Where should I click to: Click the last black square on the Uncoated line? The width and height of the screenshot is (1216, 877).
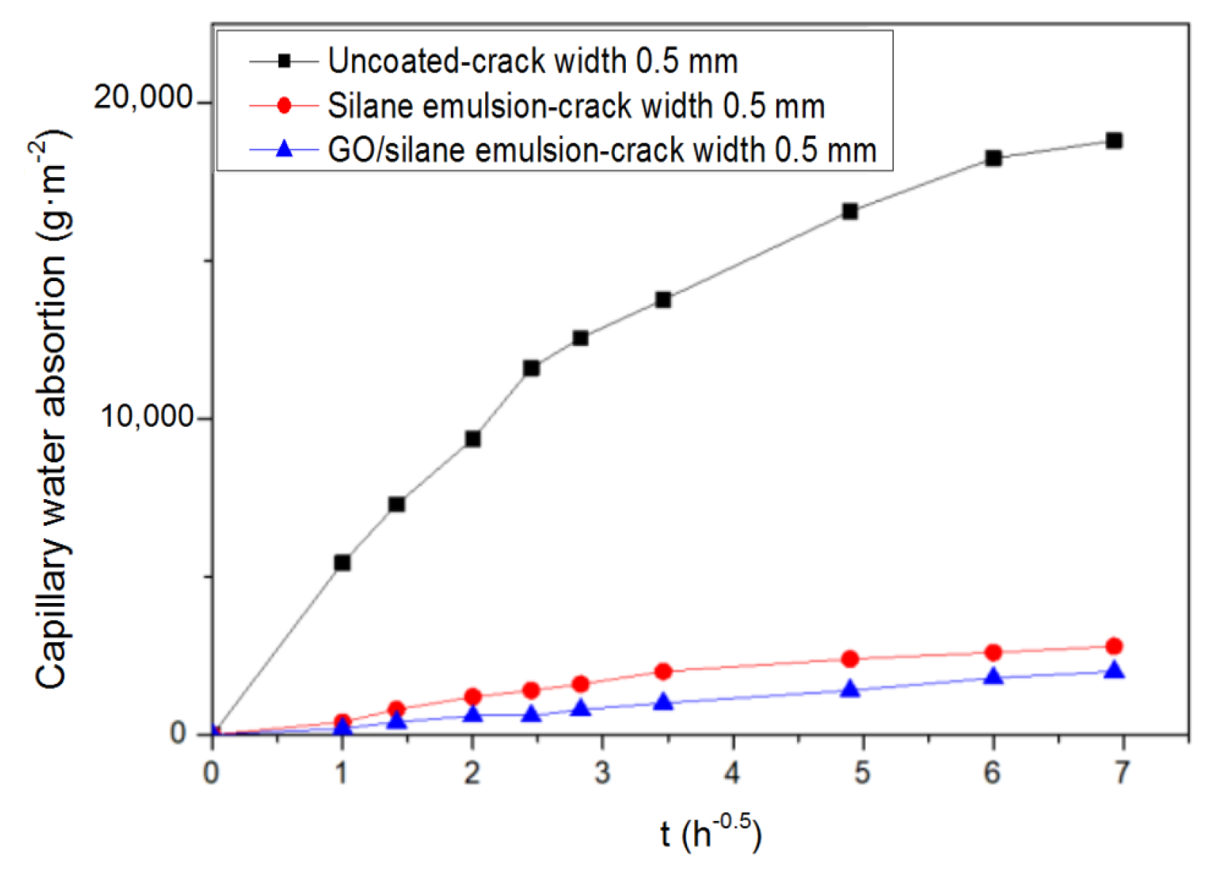coord(1113,141)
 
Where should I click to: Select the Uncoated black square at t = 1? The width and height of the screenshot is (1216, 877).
coord(342,562)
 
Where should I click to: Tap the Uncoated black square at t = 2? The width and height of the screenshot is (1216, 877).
coord(473,438)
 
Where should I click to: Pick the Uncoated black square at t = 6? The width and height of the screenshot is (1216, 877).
coord(993,158)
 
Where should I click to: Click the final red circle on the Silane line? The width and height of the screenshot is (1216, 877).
coord(1113,646)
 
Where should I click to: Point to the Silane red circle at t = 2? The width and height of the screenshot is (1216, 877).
coord(473,696)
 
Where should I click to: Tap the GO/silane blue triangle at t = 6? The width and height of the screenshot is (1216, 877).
coord(993,677)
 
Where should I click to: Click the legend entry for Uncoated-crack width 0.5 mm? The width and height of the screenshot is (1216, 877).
coord(533,61)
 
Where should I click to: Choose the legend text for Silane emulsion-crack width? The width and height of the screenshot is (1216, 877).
coord(576,106)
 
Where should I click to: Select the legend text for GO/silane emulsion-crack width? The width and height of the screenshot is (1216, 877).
coord(602,151)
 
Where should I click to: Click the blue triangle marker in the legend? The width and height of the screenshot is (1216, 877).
coord(285,150)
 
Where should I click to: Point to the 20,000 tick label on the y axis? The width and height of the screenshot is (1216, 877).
coord(143,98)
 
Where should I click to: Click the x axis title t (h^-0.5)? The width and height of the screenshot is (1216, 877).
coord(710,834)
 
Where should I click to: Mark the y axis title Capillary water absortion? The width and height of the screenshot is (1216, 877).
coord(51,408)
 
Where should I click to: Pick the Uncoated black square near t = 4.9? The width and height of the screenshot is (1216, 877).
coord(850,211)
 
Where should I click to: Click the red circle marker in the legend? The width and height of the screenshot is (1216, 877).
coord(285,106)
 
